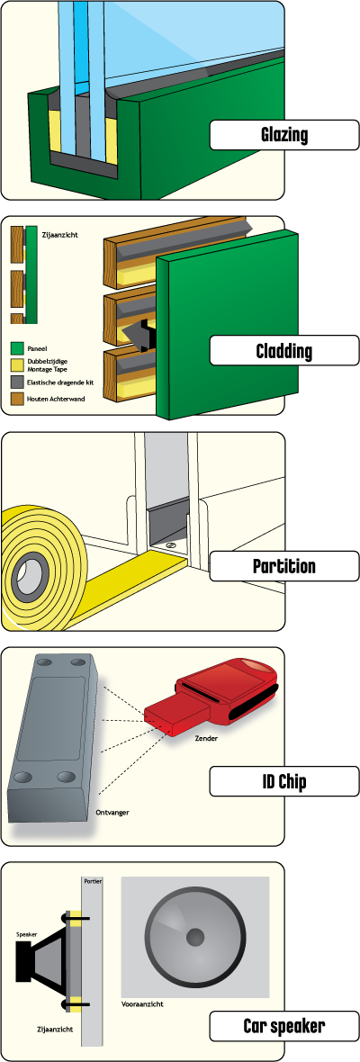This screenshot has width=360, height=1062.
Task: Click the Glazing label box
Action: tap(284, 135)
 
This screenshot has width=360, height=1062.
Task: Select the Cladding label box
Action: tap(284, 351)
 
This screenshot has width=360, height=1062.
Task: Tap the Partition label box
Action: tap(284, 565)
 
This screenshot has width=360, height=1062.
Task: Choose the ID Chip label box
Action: tap(284, 781)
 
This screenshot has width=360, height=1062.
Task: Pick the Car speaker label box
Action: tap(284, 1026)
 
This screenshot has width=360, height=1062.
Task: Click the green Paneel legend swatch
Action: tap(17, 348)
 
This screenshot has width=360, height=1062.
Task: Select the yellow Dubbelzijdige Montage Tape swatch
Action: tap(17, 365)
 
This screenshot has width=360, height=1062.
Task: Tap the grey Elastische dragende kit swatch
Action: tap(17, 382)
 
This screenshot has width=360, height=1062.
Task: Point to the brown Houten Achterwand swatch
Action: tap(17, 400)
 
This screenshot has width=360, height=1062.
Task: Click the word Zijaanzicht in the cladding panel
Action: tap(59, 236)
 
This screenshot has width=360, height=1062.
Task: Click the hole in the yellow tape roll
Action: tap(31, 573)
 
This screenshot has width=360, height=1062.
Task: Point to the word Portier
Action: tap(92, 882)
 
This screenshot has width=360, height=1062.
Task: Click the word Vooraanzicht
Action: tap(142, 1003)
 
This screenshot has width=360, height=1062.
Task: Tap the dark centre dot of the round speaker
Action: tap(195, 938)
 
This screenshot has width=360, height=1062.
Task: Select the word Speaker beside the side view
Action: tap(27, 934)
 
